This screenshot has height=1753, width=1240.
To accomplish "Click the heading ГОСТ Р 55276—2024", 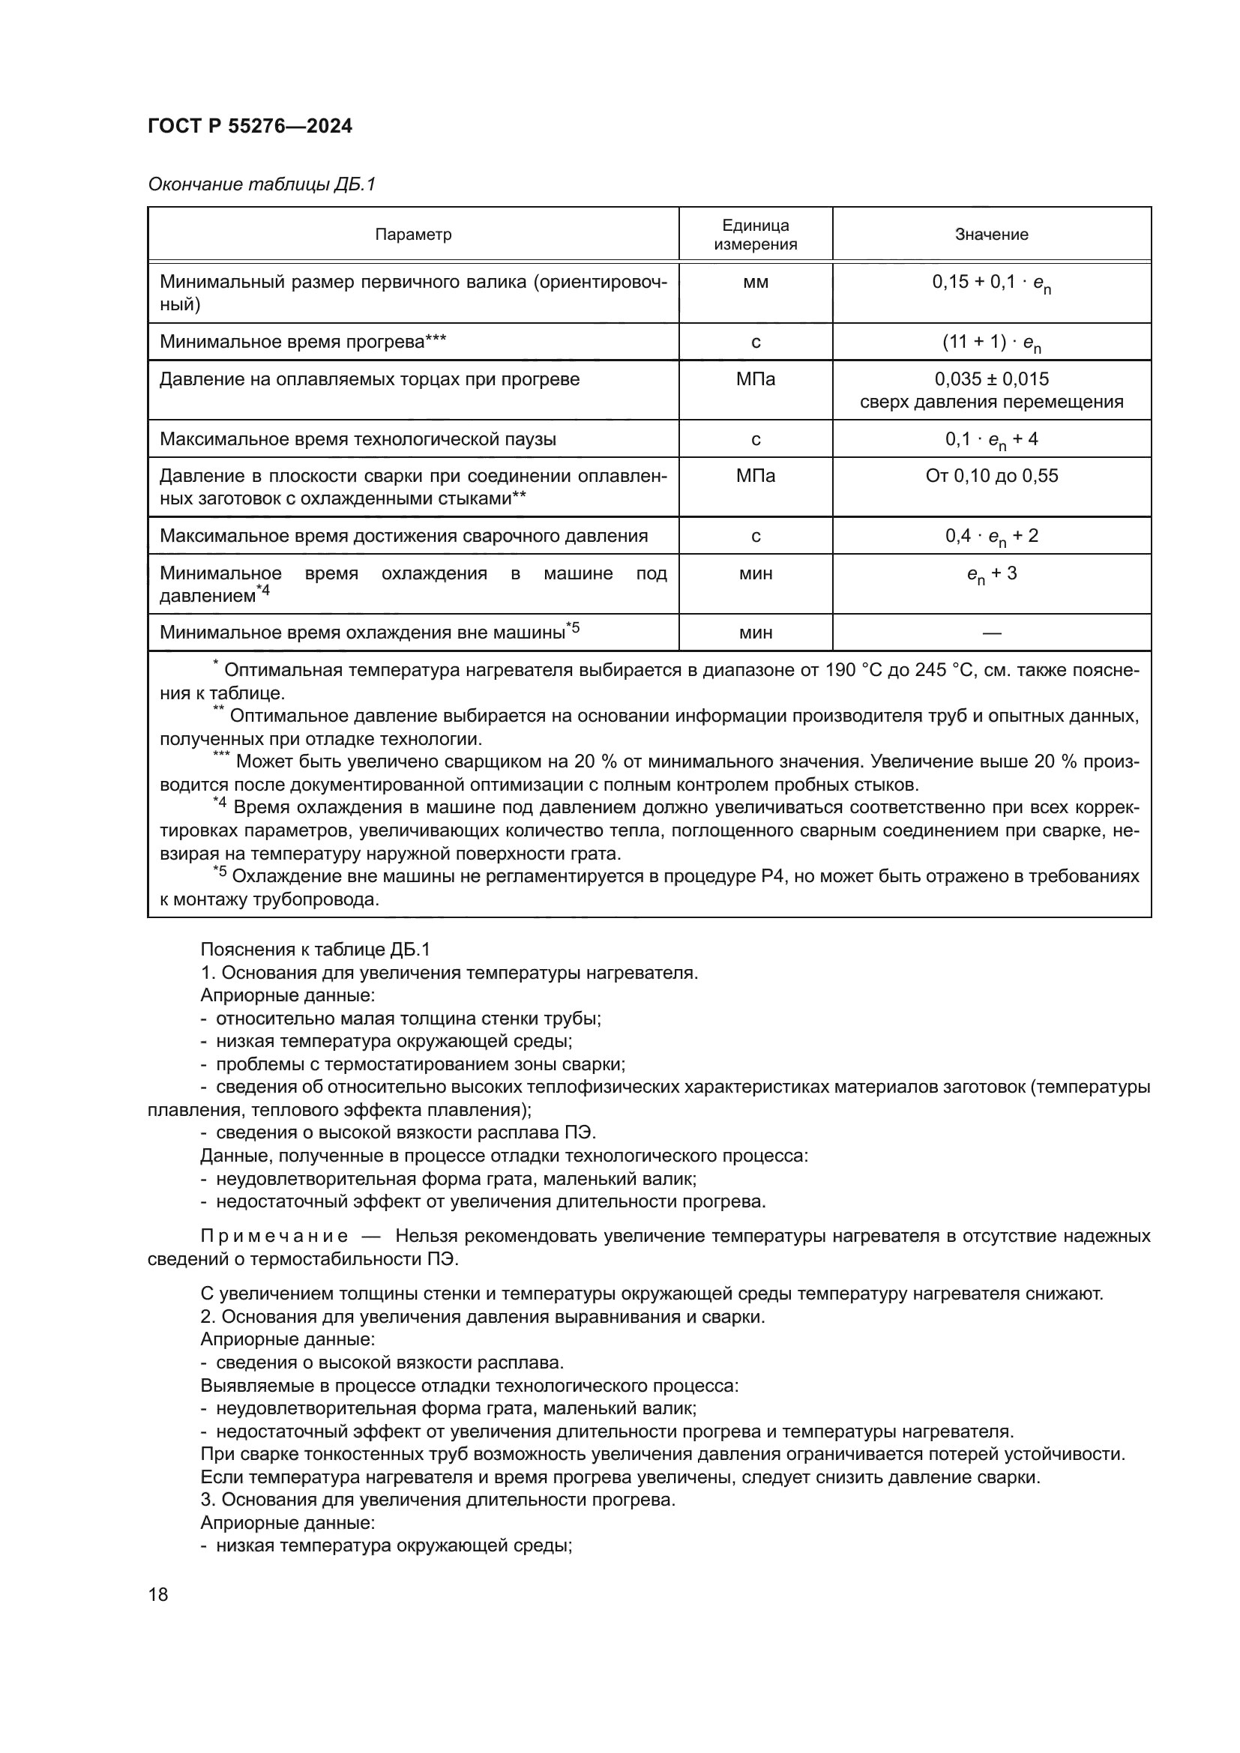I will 250,127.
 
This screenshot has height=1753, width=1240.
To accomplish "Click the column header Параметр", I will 413,235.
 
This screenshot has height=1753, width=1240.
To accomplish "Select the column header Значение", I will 991,235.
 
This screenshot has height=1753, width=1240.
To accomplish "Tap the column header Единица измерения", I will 755,235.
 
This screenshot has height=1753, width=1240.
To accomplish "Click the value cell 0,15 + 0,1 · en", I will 991,283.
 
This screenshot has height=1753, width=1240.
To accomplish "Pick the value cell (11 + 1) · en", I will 991,343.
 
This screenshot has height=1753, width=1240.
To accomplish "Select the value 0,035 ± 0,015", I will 991,379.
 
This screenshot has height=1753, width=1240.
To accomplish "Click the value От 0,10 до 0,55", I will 991,477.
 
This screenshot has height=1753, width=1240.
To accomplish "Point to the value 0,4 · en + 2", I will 991,537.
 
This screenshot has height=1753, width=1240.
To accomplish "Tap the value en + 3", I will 991,574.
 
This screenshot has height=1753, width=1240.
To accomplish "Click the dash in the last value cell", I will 991,633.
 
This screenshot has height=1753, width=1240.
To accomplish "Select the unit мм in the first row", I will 755,283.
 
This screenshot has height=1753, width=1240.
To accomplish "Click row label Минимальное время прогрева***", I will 302,342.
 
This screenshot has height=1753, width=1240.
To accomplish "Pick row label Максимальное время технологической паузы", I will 358,439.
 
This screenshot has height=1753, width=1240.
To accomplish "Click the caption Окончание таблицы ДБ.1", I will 262,185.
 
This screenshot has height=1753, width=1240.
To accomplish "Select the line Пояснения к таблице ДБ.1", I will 316,949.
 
